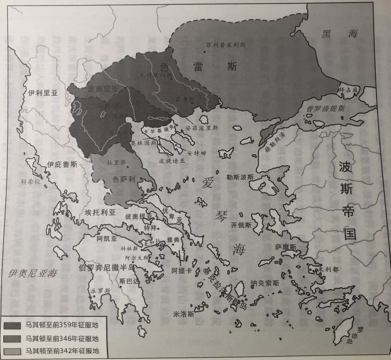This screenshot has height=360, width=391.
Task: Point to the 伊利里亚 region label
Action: pyautogui.click(x=43, y=93)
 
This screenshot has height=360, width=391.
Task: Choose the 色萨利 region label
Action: pyautogui.click(x=125, y=179)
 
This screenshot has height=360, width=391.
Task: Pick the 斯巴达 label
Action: pyautogui.click(x=129, y=280)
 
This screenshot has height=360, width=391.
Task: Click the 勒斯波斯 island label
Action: pyautogui.click(x=240, y=177)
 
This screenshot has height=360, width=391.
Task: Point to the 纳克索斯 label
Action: pyautogui.click(x=265, y=284)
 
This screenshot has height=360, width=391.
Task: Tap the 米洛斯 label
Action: pyautogui.click(x=183, y=315)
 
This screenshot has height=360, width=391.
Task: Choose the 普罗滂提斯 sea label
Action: pyautogui.click(x=325, y=108)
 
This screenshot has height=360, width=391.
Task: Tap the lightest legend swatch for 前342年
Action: pyautogui.click(x=12, y=351)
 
